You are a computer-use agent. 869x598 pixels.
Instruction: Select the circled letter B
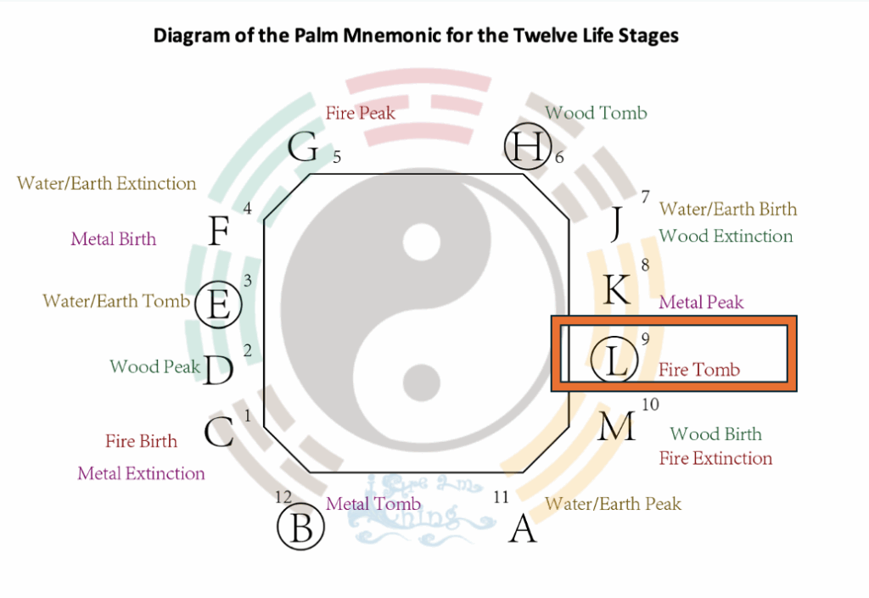tap(301, 527)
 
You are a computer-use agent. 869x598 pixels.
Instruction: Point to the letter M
tap(617, 427)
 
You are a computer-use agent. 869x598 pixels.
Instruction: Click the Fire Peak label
tap(361, 112)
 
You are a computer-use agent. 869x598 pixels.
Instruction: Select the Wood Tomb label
tap(596, 112)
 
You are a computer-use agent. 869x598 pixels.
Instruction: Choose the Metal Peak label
tap(701, 302)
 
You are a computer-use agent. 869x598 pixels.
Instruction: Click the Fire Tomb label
tap(699, 370)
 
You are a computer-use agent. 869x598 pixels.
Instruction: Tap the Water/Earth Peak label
tap(613, 504)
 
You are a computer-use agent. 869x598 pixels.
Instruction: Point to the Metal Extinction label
tap(141, 473)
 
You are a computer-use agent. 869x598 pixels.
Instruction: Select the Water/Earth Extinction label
tap(106, 183)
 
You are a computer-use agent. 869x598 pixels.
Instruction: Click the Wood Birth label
tap(715, 434)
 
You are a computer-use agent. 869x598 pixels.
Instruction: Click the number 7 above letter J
tap(646, 198)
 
